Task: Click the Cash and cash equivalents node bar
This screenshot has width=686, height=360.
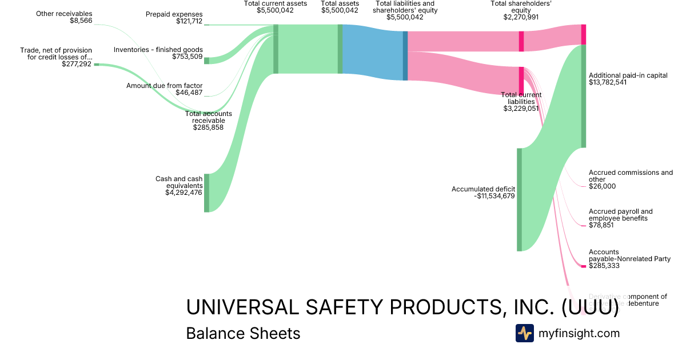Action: click(x=207, y=193)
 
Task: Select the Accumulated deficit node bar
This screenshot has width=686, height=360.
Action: click(x=519, y=199)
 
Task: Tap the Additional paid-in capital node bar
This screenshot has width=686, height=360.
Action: click(x=584, y=95)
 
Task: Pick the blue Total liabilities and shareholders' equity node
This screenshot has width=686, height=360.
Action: click(x=405, y=55)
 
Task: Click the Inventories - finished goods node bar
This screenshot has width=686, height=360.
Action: click(x=207, y=61)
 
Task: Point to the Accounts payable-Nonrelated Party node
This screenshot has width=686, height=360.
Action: click(x=584, y=266)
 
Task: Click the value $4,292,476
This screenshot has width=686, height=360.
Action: click(x=184, y=193)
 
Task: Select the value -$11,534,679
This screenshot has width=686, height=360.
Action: click(x=495, y=197)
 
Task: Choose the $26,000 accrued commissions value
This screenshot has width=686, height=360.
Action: click(x=603, y=186)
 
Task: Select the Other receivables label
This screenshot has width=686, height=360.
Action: click(x=64, y=14)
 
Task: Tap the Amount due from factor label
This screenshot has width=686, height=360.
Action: click(x=164, y=86)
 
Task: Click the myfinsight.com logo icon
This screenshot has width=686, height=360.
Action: click(x=524, y=333)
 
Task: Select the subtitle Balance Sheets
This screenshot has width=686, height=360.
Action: click(x=243, y=333)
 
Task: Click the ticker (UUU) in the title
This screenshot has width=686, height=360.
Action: click(x=589, y=307)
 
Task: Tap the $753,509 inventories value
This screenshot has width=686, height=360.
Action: click(x=187, y=57)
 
